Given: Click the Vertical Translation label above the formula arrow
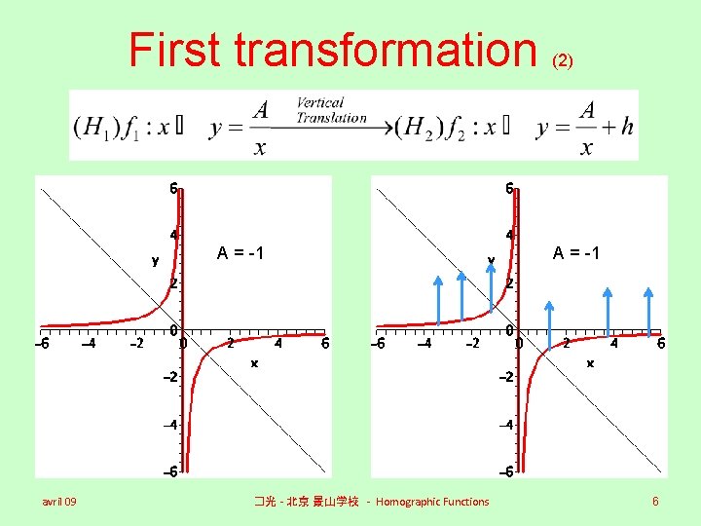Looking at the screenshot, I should pos(332,110).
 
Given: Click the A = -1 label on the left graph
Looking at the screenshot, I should pos(241,253).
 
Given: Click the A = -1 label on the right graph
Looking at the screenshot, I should pos(576,253).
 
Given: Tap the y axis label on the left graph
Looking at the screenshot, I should pos(155,260).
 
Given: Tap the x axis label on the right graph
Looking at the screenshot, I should pos(589,362).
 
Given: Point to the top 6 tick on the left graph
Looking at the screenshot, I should pos(171,188).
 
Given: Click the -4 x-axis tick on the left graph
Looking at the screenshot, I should pos(88,343).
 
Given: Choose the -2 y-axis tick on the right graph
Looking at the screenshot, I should pos(506,377).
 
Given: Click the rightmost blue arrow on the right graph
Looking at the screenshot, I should pos(649,309).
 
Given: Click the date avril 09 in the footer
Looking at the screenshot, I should pos(59,502).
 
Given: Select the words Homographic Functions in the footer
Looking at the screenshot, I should pos(432,502).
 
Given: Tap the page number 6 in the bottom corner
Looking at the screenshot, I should pos(656,501).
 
